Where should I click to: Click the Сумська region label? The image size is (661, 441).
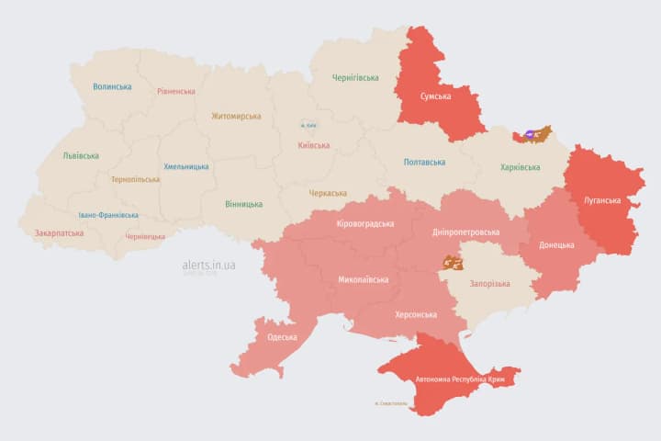[x=435, y=96]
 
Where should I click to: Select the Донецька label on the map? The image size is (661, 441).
[x=556, y=245]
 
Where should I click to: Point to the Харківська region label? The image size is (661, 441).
[x=520, y=167]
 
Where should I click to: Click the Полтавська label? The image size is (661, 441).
[x=424, y=162]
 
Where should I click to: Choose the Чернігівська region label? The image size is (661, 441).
[x=355, y=77]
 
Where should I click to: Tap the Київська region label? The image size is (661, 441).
[x=314, y=145]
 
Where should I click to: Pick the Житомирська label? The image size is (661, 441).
[x=236, y=116]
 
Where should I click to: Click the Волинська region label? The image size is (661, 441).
[x=112, y=86]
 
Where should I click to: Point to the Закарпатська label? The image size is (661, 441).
[x=59, y=232]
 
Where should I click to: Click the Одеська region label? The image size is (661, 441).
[x=282, y=337]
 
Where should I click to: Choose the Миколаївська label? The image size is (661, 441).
[x=363, y=279]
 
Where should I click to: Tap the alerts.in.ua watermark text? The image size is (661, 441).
[x=208, y=265]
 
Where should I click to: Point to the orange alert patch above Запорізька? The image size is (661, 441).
[x=451, y=264]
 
